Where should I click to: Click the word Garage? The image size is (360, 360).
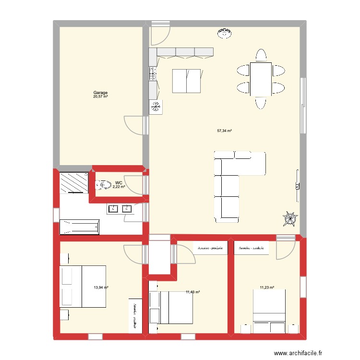pos(100,93)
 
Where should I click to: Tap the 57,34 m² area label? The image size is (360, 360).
pos(225,131)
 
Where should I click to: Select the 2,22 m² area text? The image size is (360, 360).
pos(119,187)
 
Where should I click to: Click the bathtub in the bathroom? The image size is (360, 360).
pos(79,227)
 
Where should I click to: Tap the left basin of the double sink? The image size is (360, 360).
pos(113,209)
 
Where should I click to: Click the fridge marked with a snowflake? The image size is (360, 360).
pos(156,107)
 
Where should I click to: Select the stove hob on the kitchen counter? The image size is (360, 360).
pos(154,73)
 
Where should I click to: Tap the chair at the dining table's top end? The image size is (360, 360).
pos(261,55)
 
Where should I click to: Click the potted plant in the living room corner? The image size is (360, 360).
pos(289,219)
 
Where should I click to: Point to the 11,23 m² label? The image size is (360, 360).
pos(267,288)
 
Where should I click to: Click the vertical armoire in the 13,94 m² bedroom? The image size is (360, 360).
pos(135,315)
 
